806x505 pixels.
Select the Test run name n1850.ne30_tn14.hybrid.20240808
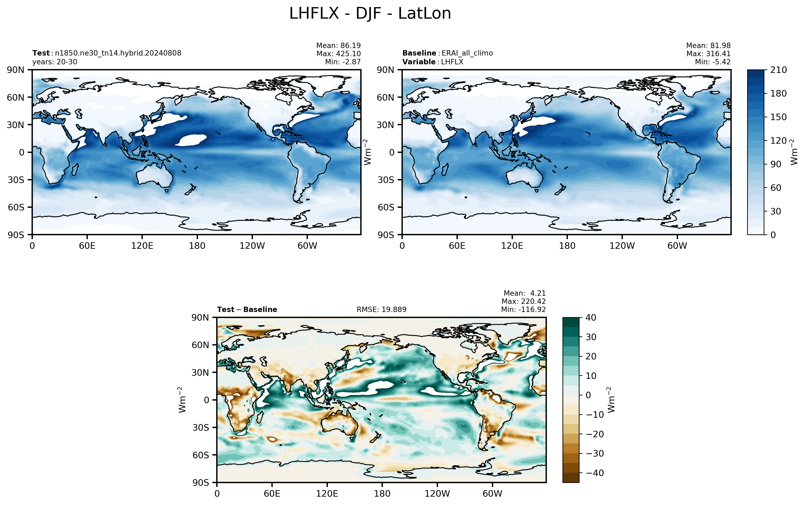pyautogui.click(x=118, y=53)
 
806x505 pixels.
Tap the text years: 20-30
pyautogui.click(x=55, y=62)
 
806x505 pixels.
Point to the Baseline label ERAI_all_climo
pyautogui.click(x=467, y=53)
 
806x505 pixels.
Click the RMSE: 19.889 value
pyautogui.click(x=382, y=310)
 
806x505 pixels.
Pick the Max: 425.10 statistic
pyautogui.click(x=339, y=53)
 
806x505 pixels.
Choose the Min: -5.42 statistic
pyautogui.click(x=713, y=62)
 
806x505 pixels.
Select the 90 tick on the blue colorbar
pyautogui.click(x=776, y=164)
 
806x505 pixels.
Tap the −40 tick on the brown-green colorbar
pyautogui.click(x=595, y=473)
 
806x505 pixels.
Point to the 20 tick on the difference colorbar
pyautogui.click(x=591, y=356)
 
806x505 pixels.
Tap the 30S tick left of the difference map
pyautogui.click(x=201, y=428)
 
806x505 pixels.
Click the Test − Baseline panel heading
pyautogui.click(x=247, y=310)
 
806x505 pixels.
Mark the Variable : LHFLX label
pyautogui.click(x=433, y=62)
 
